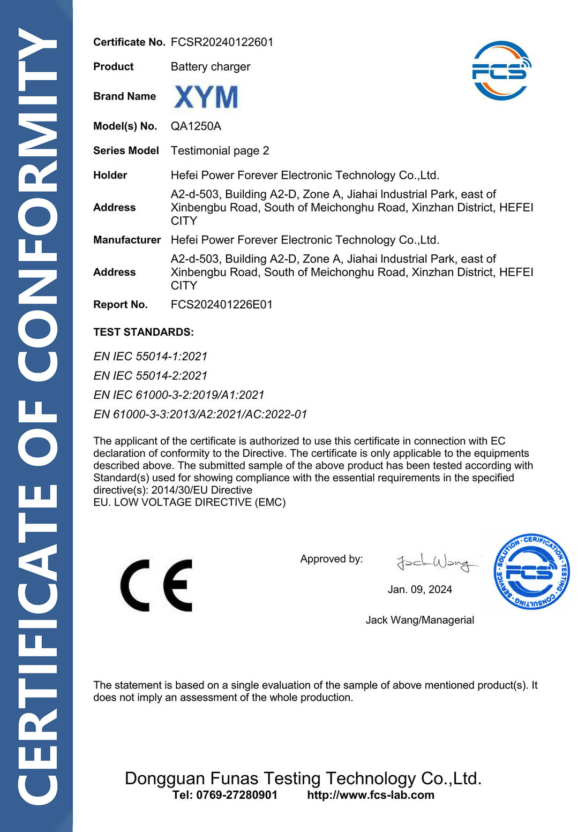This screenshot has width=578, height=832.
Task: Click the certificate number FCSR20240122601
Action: pos(222,42)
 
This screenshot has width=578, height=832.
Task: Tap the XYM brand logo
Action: pos(206,97)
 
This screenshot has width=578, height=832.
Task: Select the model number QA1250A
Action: pos(196,126)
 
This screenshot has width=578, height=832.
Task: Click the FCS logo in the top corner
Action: pos(501,71)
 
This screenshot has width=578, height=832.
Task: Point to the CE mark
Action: pos(156,586)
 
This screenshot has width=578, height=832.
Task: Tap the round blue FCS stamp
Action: pos(531,572)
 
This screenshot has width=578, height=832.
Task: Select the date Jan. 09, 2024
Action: pos(419,589)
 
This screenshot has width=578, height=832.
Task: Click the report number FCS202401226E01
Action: pos(221,305)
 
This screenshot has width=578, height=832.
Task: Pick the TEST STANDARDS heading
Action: pos(143,332)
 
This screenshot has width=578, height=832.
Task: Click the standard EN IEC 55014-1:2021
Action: pos(150,357)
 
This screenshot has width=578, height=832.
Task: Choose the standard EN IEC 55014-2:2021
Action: pos(150,376)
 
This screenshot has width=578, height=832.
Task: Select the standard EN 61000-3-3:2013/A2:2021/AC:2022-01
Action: pos(200,414)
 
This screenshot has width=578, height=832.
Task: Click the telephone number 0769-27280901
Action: pos(237,795)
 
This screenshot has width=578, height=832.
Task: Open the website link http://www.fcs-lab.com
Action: pos(371,795)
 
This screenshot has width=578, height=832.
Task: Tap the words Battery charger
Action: pos(210,67)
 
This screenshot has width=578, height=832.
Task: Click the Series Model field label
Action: pos(126,151)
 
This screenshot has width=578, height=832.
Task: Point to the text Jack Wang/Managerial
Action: pos(419,620)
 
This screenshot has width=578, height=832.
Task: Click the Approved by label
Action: pos(331,559)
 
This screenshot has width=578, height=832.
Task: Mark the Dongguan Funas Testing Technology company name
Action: pos(303,778)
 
